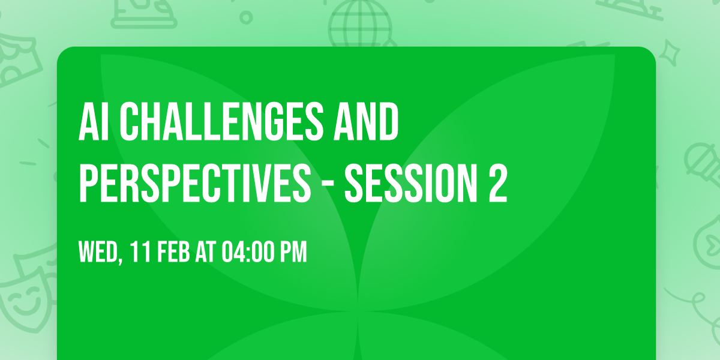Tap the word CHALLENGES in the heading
pyautogui.click(x=216, y=122)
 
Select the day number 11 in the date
pyautogui.click(x=142, y=253)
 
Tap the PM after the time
pyautogui.click(x=293, y=253)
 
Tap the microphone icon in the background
pyautogui.click(x=699, y=159)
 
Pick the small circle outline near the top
pyautogui.click(x=245, y=16)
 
